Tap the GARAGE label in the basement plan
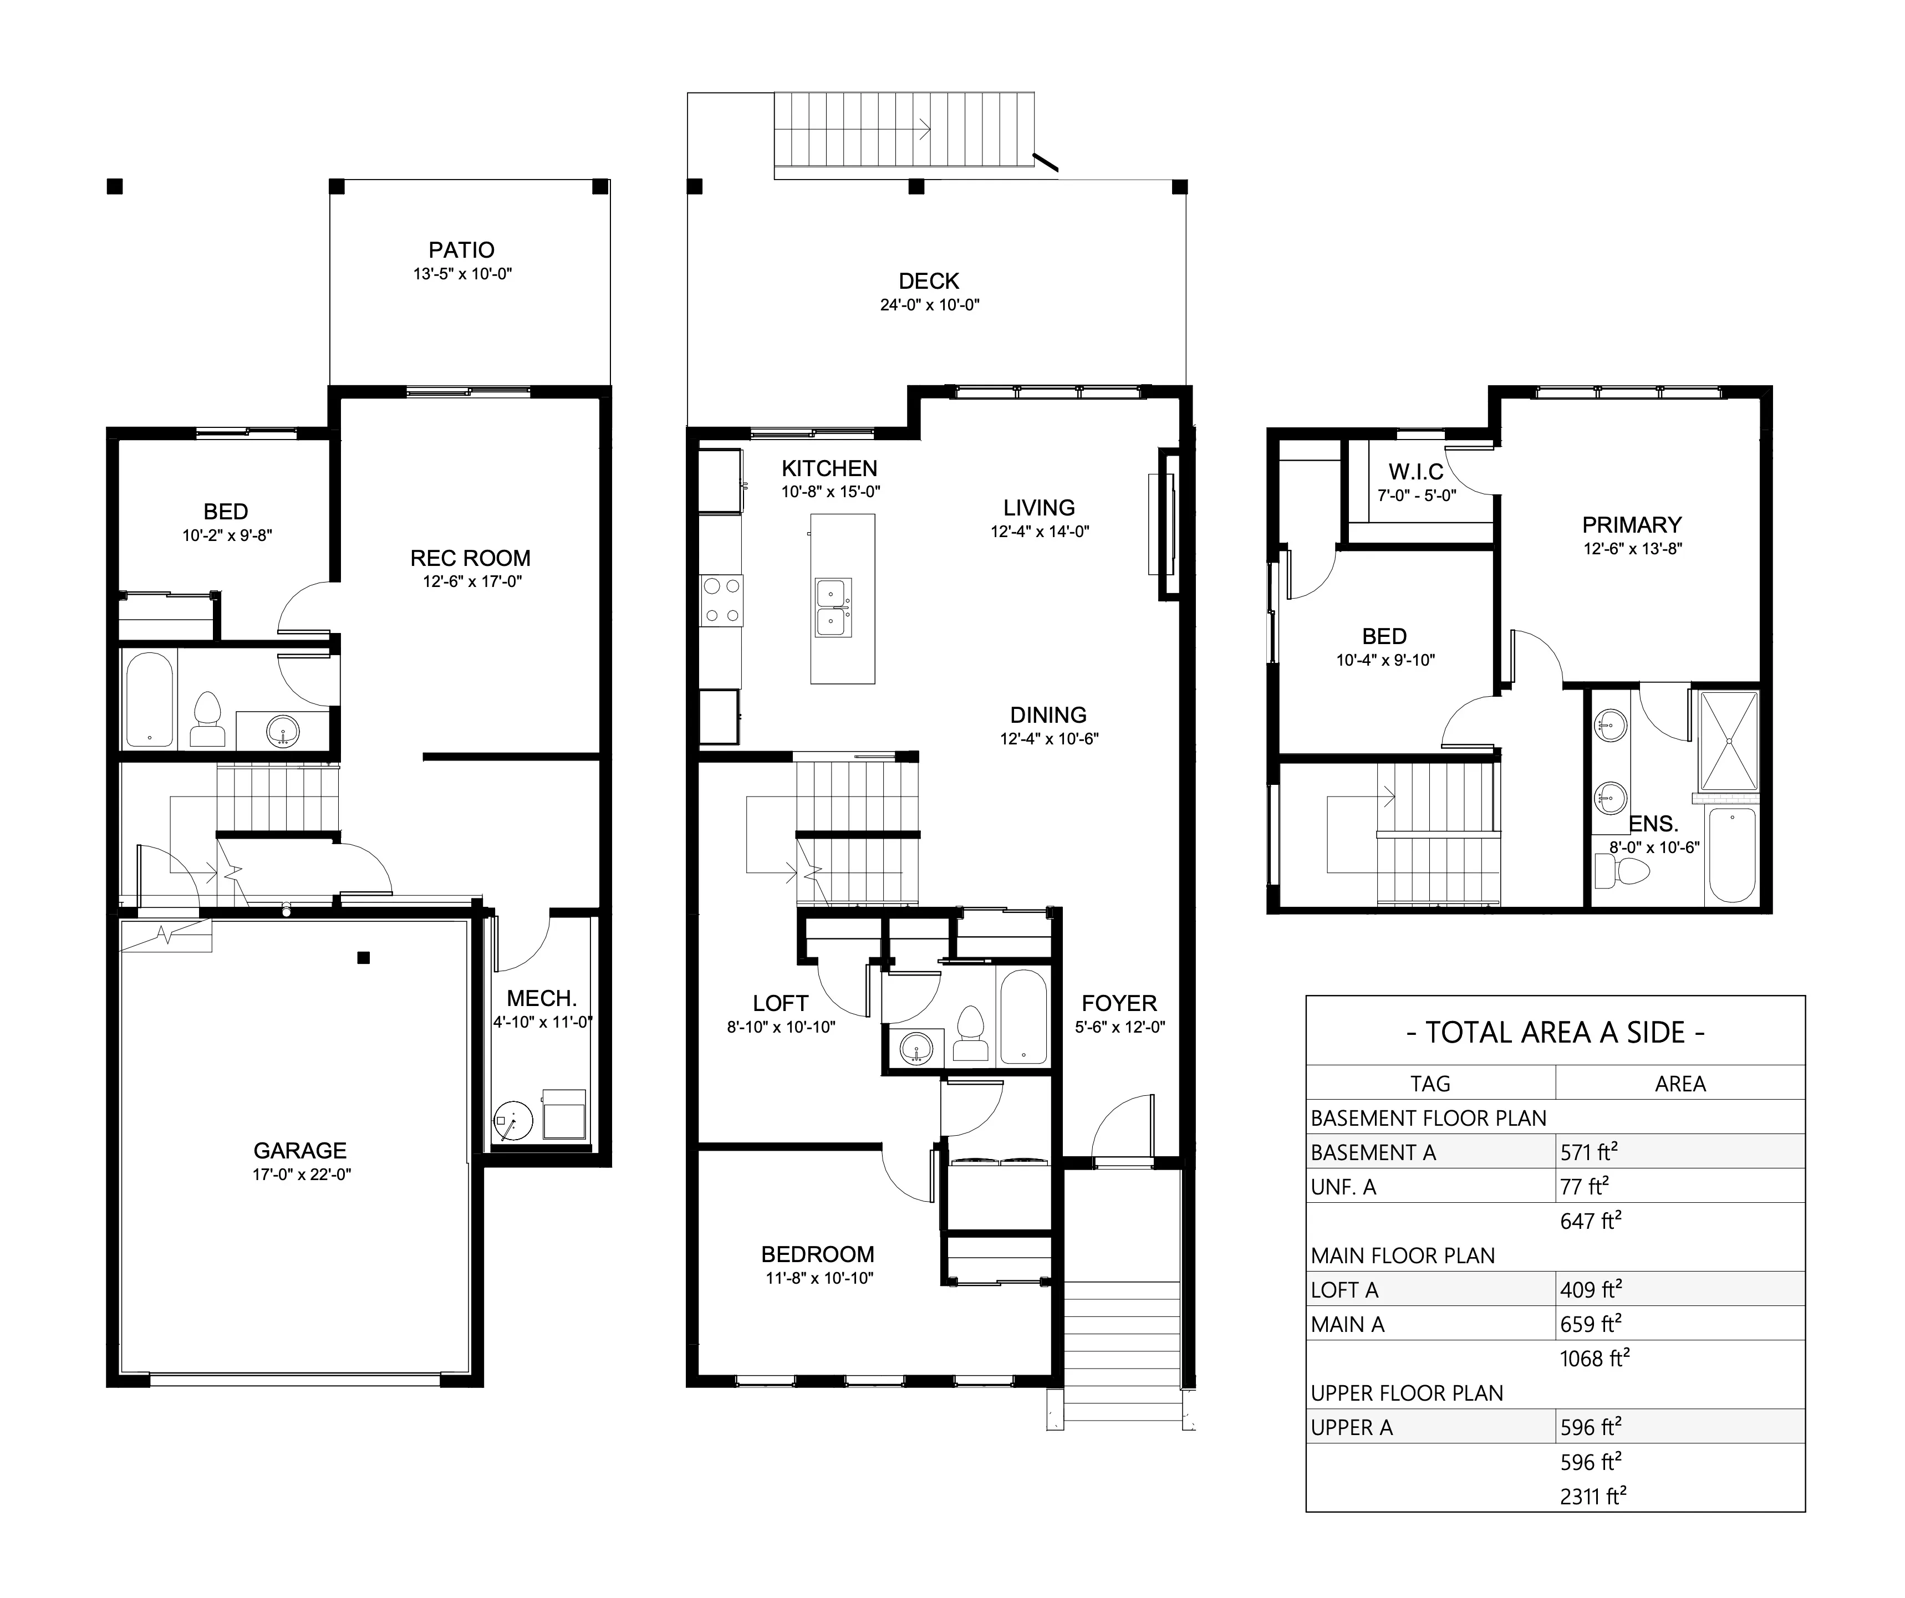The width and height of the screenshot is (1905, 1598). (x=300, y=1151)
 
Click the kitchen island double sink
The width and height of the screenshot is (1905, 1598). (x=833, y=607)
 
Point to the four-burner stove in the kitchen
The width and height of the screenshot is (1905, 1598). (x=721, y=600)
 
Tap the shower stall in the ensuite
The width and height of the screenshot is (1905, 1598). (x=1728, y=740)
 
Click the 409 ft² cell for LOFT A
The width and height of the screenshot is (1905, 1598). (x=1590, y=1290)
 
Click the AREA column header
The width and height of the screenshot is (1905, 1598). (x=1679, y=1084)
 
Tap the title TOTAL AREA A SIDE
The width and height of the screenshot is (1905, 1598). (x=1555, y=1033)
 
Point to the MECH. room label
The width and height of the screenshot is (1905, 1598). (x=542, y=998)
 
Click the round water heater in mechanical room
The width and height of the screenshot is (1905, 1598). (x=512, y=1123)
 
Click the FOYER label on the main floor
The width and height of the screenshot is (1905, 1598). (x=1118, y=1004)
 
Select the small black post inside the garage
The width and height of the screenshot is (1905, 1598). (x=364, y=958)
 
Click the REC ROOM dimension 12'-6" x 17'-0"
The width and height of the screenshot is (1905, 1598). (x=472, y=582)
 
